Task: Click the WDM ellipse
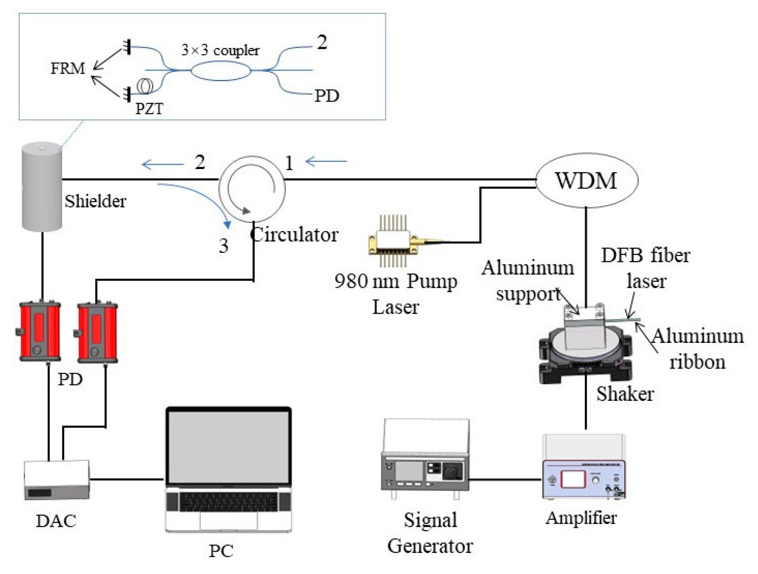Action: (586, 180)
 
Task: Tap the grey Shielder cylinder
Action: (42, 187)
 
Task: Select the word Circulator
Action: (294, 235)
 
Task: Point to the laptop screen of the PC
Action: (228, 447)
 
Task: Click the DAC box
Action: (57, 480)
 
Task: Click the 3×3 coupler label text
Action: (220, 50)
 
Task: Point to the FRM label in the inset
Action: (68, 69)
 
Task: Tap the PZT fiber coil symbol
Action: (145, 86)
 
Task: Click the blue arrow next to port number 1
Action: (326, 161)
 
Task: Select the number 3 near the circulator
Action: (224, 246)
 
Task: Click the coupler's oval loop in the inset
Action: (221, 70)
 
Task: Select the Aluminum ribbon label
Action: (697, 349)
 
